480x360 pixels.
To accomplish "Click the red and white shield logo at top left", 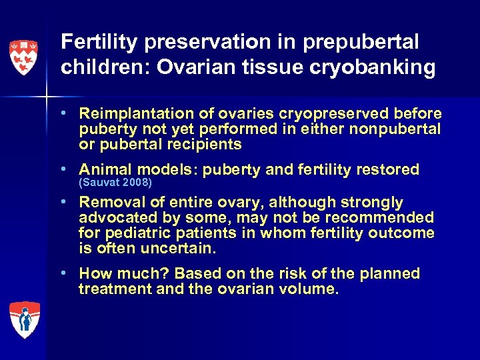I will (23, 57).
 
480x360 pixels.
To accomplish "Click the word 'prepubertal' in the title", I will (362, 43).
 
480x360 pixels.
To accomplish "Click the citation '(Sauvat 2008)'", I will (115, 183).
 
